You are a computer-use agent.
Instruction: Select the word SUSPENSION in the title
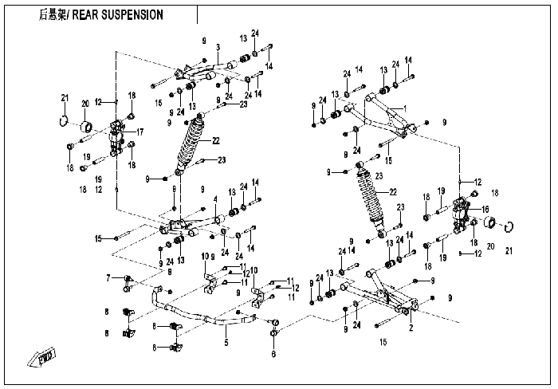click(x=132, y=15)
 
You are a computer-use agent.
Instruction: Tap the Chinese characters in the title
click(x=53, y=15)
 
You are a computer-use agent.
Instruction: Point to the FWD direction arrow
click(x=42, y=357)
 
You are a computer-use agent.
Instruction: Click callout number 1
click(x=405, y=108)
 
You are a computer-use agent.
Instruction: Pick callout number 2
click(x=411, y=328)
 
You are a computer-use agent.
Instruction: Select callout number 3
click(x=218, y=47)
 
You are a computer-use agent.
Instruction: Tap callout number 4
click(x=215, y=199)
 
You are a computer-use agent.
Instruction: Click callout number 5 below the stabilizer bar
click(x=226, y=343)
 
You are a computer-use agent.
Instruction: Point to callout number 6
click(x=273, y=354)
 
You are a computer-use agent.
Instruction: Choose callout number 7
click(x=108, y=277)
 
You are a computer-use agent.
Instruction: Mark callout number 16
click(x=485, y=209)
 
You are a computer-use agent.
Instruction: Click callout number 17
click(x=139, y=132)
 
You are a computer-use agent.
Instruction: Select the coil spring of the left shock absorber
click(x=192, y=141)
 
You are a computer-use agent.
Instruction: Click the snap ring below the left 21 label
click(x=63, y=120)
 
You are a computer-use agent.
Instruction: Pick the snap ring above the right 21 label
click(x=509, y=226)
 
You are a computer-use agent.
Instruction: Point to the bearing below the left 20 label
click(x=86, y=127)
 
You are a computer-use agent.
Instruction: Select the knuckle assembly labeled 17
click(x=117, y=139)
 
